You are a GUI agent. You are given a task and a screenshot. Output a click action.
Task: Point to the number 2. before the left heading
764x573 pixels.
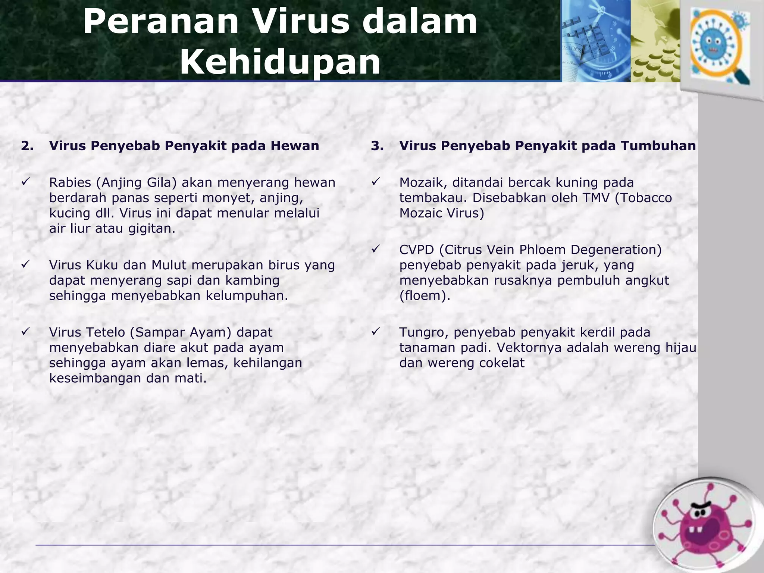pos(27,145)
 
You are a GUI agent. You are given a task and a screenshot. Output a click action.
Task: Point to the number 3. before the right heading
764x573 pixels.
pos(377,145)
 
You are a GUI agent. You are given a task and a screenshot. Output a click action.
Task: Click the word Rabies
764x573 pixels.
pos(70,182)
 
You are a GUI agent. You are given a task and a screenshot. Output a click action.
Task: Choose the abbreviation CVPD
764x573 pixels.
pos(417,250)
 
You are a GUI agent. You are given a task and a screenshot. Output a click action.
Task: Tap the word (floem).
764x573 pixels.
pos(425,296)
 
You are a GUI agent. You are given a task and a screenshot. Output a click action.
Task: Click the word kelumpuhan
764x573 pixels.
pos(247,296)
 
